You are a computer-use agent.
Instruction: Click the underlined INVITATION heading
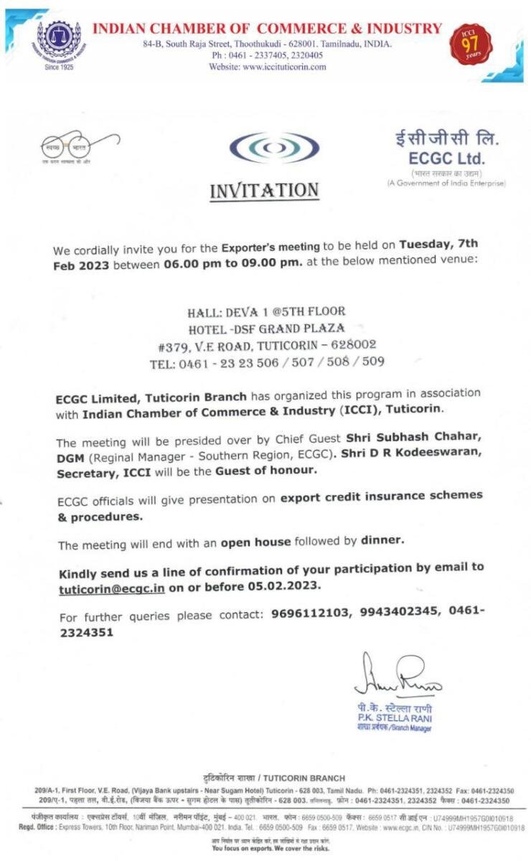click(x=264, y=191)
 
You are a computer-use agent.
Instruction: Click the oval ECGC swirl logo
click(x=274, y=149)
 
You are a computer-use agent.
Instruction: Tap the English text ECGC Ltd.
click(x=446, y=158)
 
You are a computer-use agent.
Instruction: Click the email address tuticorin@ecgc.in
click(x=112, y=588)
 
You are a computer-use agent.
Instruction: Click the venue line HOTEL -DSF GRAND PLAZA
click(x=266, y=329)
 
